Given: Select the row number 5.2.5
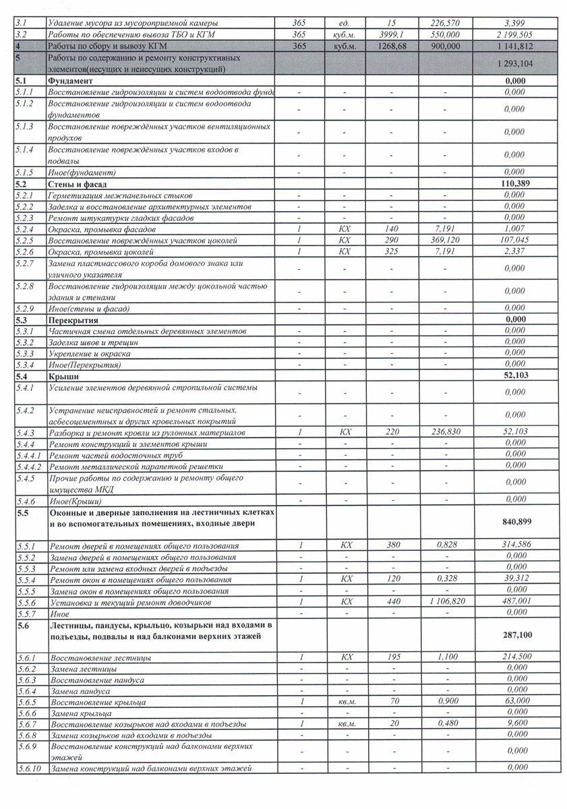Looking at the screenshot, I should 24,241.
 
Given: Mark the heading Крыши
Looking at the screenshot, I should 64,376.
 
